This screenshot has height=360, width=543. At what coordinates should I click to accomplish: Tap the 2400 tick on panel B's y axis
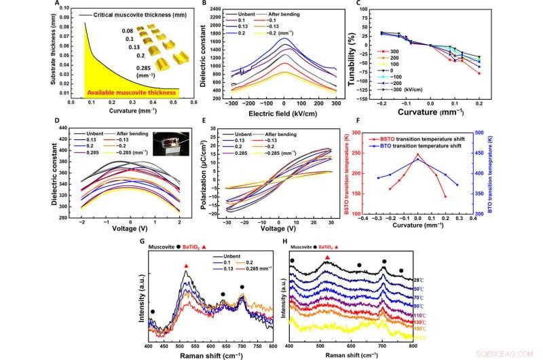coord(217,9)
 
